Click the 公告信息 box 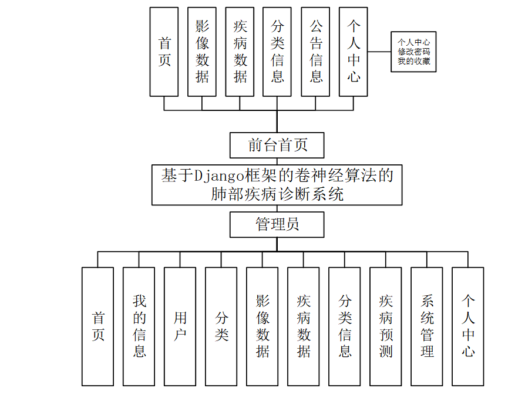[315, 52]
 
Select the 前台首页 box [277, 145]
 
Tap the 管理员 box [277, 224]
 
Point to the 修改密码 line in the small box [414, 52]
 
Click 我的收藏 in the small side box [414, 61]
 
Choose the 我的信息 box [139, 326]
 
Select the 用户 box [180, 326]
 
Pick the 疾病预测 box [386, 326]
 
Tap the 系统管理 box [427, 326]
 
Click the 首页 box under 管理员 [98, 326]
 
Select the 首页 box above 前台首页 [164, 52]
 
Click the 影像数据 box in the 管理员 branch [262, 326]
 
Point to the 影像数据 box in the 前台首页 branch [202, 52]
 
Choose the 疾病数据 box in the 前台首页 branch [240, 52]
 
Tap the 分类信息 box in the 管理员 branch [345, 326]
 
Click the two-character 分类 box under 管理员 [221, 326]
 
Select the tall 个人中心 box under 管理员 [468, 326]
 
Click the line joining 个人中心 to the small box [379, 52]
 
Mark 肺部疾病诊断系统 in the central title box [277, 194]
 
